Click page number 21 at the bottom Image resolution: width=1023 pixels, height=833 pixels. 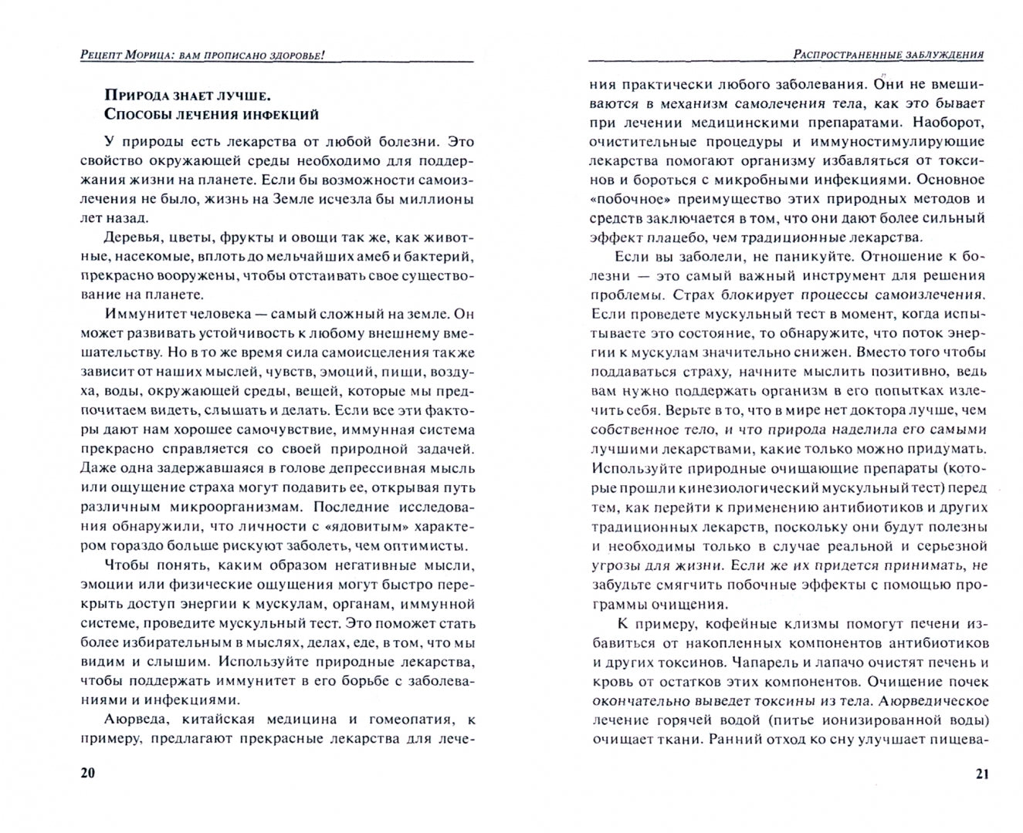click(x=981, y=774)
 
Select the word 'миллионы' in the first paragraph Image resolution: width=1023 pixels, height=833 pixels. click(x=439, y=199)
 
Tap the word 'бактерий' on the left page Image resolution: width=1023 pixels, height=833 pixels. click(x=441, y=256)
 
